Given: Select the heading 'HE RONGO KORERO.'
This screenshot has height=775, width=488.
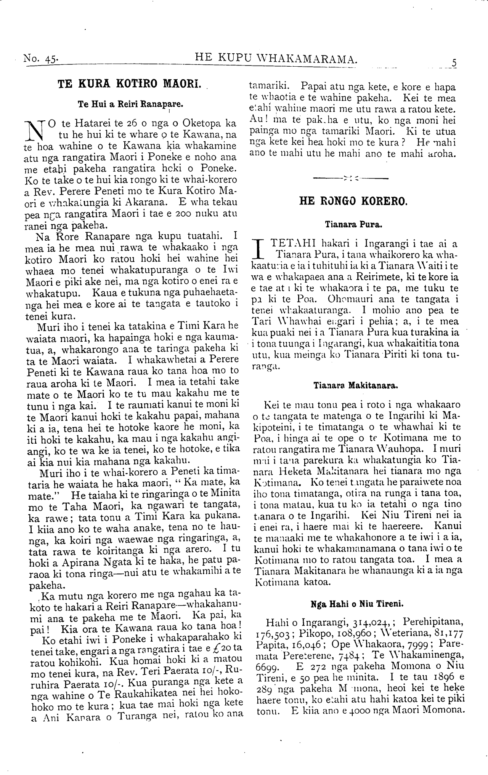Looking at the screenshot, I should click(x=353, y=201).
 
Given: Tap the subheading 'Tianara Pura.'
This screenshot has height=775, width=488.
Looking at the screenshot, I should click(x=353, y=225).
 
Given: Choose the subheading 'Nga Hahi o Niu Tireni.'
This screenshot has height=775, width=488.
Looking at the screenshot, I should click(x=357, y=604).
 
